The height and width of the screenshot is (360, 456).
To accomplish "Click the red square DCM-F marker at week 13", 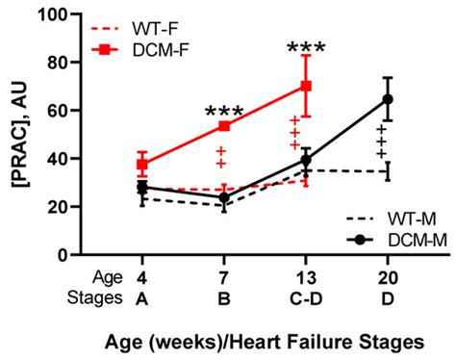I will [x=306, y=86].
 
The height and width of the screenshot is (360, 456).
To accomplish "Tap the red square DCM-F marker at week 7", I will [x=224, y=126].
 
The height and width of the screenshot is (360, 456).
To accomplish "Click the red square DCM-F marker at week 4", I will [x=142, y=165].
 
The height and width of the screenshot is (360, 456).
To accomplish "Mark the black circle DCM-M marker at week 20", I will [x=389, y=99].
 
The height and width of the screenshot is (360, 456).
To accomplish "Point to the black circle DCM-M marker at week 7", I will [x=224, y=197].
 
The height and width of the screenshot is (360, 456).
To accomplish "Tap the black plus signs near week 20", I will [x=382, y=141].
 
